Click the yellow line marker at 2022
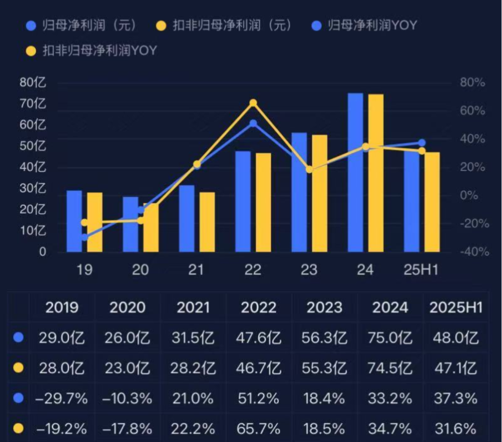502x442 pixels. tap(253, 103)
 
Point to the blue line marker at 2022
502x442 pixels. tap(253, 124)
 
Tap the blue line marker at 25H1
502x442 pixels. tap(422, 143)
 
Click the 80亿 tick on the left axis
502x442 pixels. tap(33, 83)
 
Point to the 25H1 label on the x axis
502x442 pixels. tap(421, 270)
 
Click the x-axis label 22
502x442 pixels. tap(252, 270)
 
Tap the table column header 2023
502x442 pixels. tap(325, 308)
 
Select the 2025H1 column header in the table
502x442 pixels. tap(456, 308)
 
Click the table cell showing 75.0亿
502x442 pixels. tap(391, 337)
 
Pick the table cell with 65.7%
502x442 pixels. tap(259, 428)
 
